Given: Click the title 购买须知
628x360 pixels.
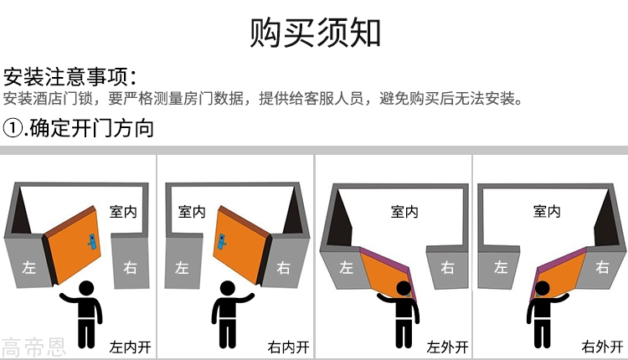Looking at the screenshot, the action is pyautogui.click(x=315, y=33).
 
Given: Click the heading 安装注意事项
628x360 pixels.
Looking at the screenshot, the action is pyautogui.click(x=65, y=76).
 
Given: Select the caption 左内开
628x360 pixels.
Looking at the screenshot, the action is pyautogui.click(x=130, y=347).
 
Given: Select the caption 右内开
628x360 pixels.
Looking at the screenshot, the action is pyautogui.click(x=288, y=347).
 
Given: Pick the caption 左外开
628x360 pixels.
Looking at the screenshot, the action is pyautogui.click(x=447, y=347).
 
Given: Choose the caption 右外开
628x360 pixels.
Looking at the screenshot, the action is pyautogui.click(x=602, y=347).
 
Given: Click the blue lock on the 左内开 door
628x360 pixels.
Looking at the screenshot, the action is pyautogui.click(x=92, y=242).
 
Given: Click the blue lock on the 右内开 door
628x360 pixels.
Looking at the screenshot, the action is pyautogui.click(x=222, y=241).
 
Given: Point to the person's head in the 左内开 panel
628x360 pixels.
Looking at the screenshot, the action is pyautogui.click(x=86, y=288).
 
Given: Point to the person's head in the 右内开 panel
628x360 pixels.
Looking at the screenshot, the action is pyautogui.click(x=228, y=288).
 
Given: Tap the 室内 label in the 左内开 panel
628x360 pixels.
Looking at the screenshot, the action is pyautogui.click(x=123, y=212).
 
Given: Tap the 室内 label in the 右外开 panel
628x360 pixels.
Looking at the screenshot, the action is pyautogui.click(x=547, y=211).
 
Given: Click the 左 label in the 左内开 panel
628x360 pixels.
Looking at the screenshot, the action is pyautogui.click(x=28, y=267).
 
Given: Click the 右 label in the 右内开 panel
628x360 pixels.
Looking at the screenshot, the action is pyautogui.click(x=283, y=268).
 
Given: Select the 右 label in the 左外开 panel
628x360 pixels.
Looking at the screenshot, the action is pyautogui.click(x=447, y=267).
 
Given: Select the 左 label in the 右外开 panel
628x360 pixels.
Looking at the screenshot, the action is pyautogui.click(x=501, y=267).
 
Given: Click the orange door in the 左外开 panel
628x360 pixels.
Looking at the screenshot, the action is pyautogui.click(x=383, y=272).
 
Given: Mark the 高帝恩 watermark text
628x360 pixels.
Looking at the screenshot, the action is pyautogui.click(x=33, y=347).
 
